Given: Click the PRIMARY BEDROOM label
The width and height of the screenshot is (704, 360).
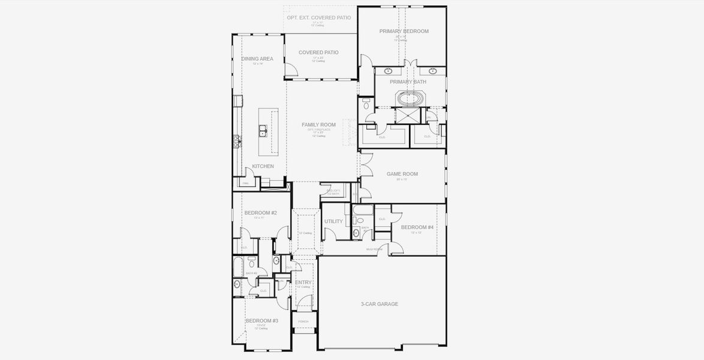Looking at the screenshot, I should (404, 31).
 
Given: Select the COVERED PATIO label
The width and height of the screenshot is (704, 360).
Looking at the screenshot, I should (318, 53).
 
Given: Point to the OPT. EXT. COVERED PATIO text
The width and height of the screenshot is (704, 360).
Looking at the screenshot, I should (318, 18).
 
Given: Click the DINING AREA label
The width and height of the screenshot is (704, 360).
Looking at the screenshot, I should (257, 59).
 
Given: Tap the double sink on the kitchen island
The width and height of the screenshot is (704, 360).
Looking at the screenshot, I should (263, 129).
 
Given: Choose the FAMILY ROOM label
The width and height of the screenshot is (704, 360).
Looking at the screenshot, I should (318, 125).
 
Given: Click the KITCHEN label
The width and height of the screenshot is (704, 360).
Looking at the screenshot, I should (263, 166).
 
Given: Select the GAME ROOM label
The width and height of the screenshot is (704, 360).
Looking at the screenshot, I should (402, 174).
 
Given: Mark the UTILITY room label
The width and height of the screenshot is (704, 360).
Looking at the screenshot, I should (333, 221).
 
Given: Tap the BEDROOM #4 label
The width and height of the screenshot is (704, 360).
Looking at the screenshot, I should (417, 227).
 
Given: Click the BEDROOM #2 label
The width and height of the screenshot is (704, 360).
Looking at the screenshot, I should (260, 213).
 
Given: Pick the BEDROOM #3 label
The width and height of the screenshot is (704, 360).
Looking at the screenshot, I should (261, 321).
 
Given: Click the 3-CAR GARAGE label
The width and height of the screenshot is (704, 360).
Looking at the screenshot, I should (379, 304).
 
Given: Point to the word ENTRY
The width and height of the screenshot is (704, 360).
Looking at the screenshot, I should (303, 283).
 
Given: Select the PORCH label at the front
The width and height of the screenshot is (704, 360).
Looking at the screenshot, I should (303, 322).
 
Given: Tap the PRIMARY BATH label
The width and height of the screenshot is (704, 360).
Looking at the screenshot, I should (408, 82).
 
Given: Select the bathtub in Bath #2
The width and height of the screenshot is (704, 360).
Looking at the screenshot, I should (237, 265).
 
